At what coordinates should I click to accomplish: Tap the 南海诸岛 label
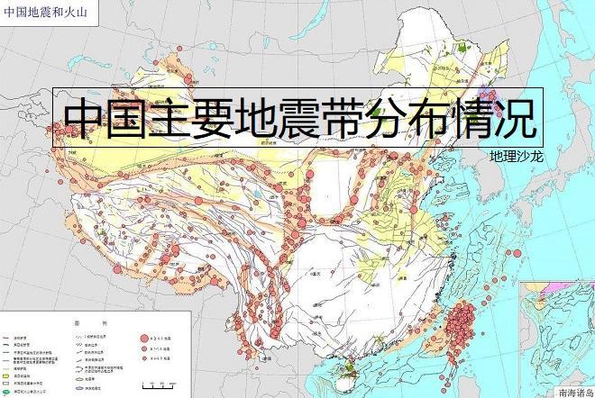click(575, 392)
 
